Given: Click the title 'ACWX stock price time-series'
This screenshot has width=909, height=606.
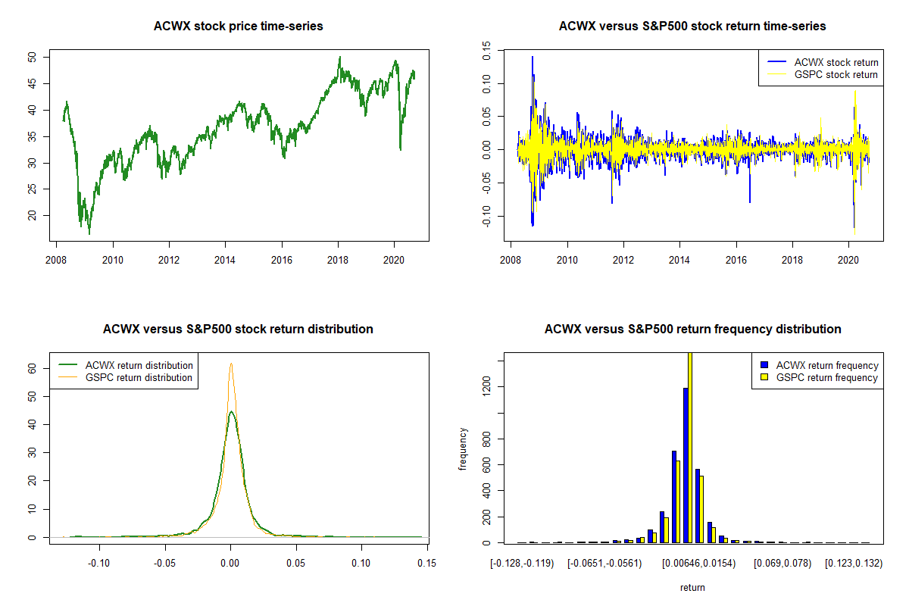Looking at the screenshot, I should (238, 27).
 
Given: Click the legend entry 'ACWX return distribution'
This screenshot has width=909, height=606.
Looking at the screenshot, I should (139, 365).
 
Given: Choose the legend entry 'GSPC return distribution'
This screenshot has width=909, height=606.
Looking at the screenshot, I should (139, 377).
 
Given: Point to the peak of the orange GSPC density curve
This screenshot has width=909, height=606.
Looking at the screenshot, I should (231, 364).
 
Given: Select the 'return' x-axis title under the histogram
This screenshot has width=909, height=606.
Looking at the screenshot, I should (692, 587).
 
